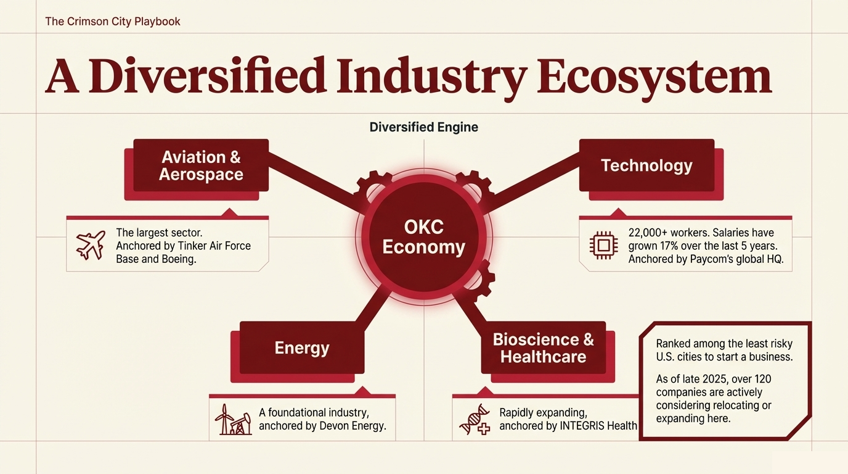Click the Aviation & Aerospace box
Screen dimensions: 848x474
coord(201,165)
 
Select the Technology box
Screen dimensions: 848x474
coord(646,165)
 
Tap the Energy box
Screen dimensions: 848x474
coord(302,347)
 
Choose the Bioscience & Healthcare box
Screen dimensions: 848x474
coord(544,347)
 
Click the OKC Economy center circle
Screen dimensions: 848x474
coord(423,237)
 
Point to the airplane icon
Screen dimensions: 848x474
coord(91,245)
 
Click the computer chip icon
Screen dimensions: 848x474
coord(604,246)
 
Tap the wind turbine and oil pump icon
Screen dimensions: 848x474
coord(233,419)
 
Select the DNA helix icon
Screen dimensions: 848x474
coord(475,419)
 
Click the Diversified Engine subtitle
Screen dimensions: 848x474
coord(423,127)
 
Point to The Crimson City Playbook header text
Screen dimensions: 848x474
coord(112,21)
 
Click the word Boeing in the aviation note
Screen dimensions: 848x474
coord(179,259)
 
